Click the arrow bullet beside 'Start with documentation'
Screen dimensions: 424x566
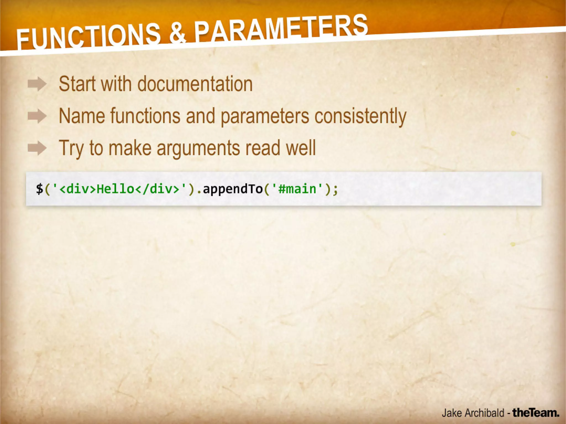(x=37, y=84)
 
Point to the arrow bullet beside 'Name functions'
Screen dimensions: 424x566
(x=37, y=116)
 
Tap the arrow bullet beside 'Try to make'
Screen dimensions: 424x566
(x=37, y=148)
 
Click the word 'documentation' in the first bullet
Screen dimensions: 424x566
(x=195, y=84)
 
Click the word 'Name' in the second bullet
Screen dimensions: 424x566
(x=82, y=116)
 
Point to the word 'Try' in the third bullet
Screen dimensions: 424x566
(x=71, y=149)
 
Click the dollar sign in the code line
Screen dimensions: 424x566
(x=40, y=189)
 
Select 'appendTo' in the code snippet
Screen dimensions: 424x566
(x=233, y=189)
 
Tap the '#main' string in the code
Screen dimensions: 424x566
(x=297, y=189)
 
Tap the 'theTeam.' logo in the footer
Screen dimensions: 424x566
(x=536, y=413)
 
